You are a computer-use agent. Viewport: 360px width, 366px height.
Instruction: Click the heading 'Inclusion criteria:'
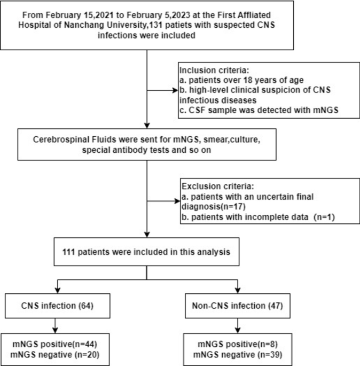click(x=209, y=71)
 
